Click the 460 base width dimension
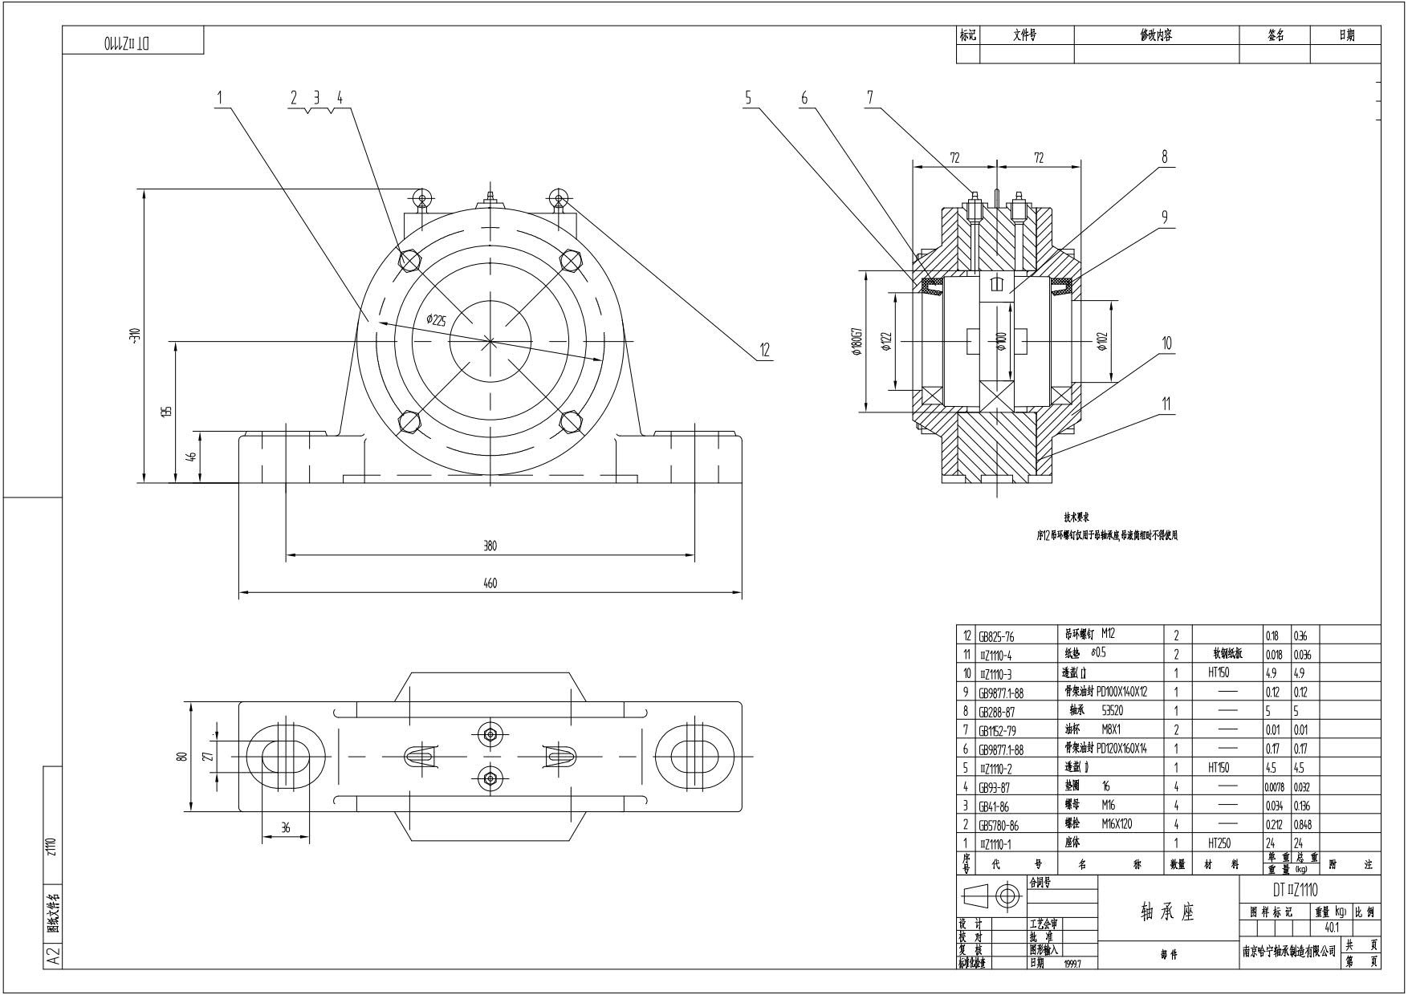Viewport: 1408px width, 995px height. point(490,583)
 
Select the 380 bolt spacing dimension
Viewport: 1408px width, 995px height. point(490,546)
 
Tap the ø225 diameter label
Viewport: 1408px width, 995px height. point(436,320)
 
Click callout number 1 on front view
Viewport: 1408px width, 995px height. point(219,97)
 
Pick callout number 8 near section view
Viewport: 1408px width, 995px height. point(1165,157)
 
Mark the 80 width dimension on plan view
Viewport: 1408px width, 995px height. point(182,756)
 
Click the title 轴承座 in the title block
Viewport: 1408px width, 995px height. point(1167,912)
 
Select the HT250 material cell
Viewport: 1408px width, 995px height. point(1219,843)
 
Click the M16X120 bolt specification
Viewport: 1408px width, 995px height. point(1117,824)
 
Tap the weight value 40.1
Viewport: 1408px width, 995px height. point(1332,927)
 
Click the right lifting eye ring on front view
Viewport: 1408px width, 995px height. point(557,197)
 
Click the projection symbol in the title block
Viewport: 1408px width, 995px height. point(995,895)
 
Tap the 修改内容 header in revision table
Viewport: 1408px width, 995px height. point(1156,35)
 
